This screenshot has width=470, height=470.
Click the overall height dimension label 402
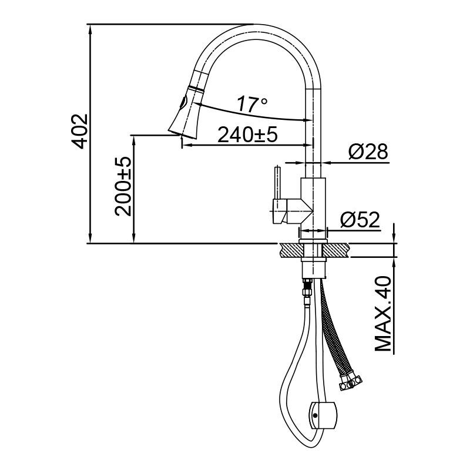(79, 130)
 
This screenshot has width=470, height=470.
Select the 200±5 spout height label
(123, 186)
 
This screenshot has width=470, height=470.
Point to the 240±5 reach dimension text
(247, 135)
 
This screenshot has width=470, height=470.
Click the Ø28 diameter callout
(368, 152)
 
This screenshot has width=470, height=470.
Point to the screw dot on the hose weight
(315, 416)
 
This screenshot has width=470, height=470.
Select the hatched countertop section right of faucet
(339, 250)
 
